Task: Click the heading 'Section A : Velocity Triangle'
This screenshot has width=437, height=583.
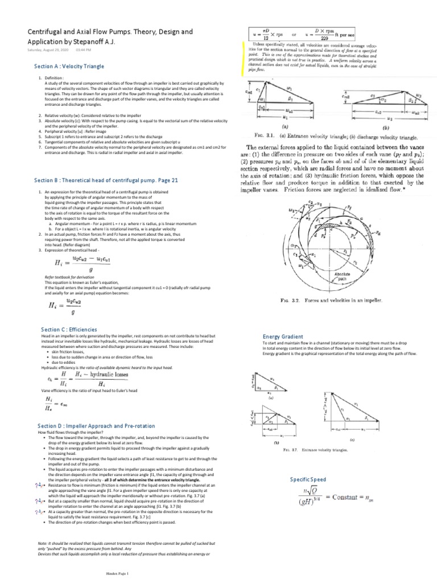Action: [x=69, y=67]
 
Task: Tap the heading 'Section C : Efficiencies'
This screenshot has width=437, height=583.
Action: [x=69, y=330]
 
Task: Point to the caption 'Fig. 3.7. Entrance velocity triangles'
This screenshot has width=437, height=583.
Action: [x=324, y=450]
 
